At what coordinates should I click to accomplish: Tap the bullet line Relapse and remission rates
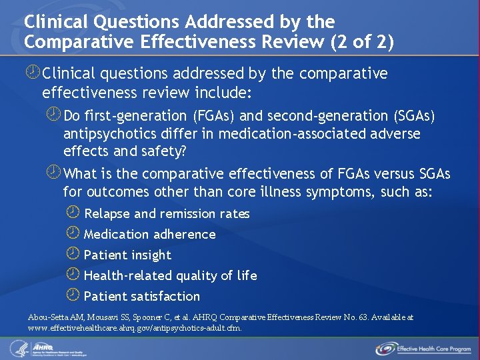167,214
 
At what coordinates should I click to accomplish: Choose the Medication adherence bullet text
149,235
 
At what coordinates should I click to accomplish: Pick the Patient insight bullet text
127,255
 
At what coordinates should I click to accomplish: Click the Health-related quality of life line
170,276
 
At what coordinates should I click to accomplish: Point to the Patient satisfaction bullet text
141,297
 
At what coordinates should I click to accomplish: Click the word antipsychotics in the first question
109,134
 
